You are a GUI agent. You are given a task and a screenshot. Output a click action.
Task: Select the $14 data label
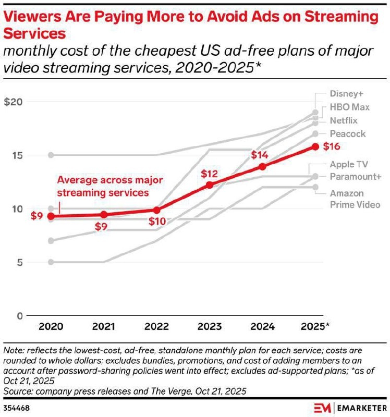(x=260, y=155)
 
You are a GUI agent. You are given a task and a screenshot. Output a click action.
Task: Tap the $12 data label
(x=210, y=173)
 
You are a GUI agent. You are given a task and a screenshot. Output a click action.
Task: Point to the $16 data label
(x=332, y=146)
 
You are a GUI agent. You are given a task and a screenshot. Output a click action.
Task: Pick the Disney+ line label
(x=346, y=94)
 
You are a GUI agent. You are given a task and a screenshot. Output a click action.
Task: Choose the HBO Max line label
(x=349, y=107)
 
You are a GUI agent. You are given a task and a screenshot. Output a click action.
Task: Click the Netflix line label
(x=344, y=120)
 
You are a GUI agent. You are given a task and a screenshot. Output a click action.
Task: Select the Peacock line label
(x=347, y=134)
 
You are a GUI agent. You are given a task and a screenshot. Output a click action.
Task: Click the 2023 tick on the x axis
(x=210, y=327)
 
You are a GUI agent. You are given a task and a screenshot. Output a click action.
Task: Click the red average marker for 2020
(x=50, y=216)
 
